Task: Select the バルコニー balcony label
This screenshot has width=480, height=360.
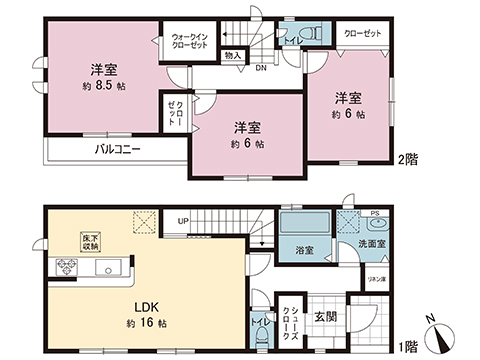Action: pyautogui.click(x=118, y=149)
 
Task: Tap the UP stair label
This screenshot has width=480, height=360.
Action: pyautogui.click(x=183, y=220)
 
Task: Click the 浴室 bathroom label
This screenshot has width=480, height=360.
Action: pyautogui.click(x=303, y=250)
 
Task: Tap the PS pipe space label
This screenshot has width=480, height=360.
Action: pyautogui.click(x=374, y=214)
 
